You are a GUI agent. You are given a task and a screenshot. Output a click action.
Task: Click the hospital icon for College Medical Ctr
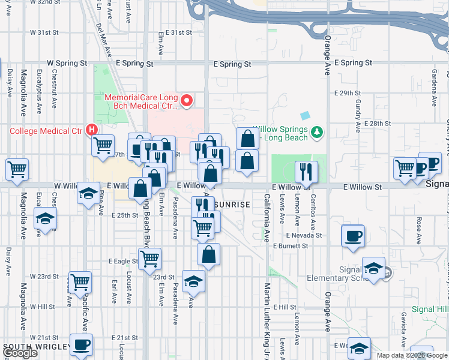click(x=91, y=129)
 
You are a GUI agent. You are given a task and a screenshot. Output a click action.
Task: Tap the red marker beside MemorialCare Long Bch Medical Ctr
click(x=186, y=100)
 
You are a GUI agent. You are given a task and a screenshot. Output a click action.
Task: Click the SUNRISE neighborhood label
click(x=232, y=205)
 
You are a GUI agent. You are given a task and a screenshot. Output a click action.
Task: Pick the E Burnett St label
click(x=290, y=246)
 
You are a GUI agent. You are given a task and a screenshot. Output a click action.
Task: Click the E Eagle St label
click(x=124, y=262)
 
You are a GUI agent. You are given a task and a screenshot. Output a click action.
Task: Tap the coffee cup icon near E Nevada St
click(x=353, y=235)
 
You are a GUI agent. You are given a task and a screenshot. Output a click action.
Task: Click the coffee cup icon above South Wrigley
click(x=81, y=344)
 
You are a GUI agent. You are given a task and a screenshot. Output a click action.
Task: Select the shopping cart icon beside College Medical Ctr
click(x=103, y=145)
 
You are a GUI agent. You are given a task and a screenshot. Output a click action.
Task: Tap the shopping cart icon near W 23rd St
click(x=80, y=281)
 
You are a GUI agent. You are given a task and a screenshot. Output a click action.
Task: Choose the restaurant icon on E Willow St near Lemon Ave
click(x=306, y=171)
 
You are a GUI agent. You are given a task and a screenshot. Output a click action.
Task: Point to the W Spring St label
click(x=67, y=62)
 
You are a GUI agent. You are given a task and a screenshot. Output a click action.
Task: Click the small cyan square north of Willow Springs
click(x=306, y=115)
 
